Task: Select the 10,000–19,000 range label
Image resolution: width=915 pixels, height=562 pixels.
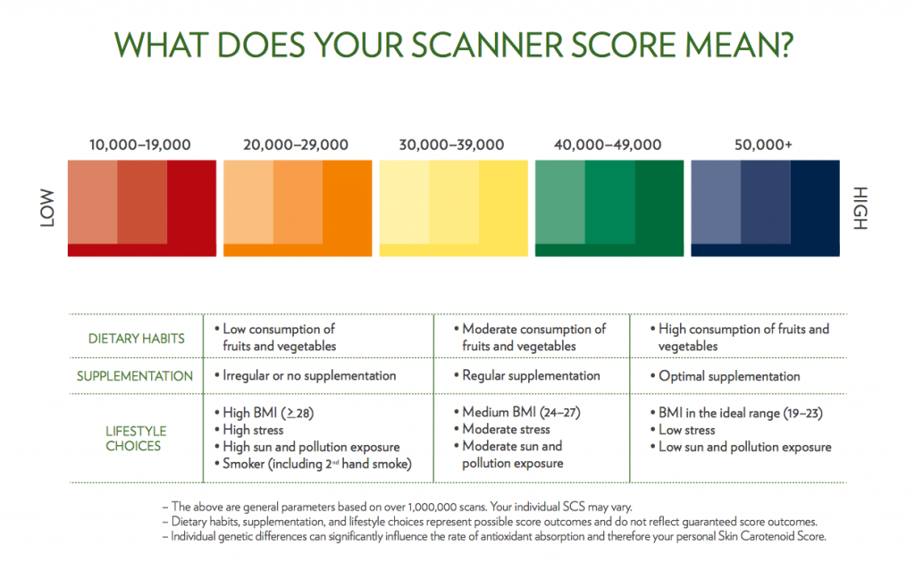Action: [139, 145]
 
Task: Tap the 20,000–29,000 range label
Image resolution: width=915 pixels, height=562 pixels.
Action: [297, 145]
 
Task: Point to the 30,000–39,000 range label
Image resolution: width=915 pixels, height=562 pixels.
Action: [453, 145]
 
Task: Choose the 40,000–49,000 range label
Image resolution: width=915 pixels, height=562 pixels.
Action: [608, 145]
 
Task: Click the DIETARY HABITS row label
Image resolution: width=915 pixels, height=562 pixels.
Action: [137, 339]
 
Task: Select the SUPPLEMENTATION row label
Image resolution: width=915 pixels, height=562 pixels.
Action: [135, 376]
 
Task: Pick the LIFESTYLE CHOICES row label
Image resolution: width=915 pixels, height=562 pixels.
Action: [136, 439]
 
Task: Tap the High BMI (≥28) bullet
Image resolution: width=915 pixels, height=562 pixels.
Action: [268, 413]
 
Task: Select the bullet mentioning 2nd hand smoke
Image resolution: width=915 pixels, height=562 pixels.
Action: [312, 464]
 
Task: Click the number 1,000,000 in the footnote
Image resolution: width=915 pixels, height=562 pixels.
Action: [418, 506]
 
